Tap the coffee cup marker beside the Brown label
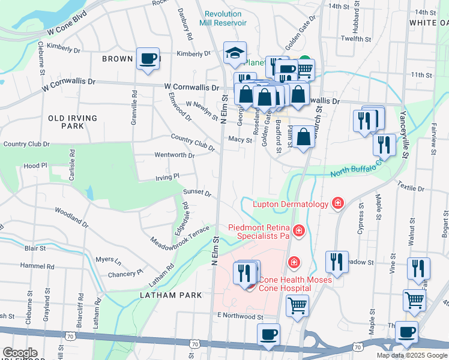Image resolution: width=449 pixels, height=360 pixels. [x=148, y=59]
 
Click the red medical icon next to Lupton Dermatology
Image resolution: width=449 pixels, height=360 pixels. [x=338, y=204]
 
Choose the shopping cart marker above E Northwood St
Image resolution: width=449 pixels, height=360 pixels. [x=297, y=305]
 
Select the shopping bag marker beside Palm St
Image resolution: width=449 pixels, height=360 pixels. [x=304, y=137]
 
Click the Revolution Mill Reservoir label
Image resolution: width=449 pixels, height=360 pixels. [x=226, y=18]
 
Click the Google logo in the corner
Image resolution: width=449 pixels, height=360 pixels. [x=19, y=352]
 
